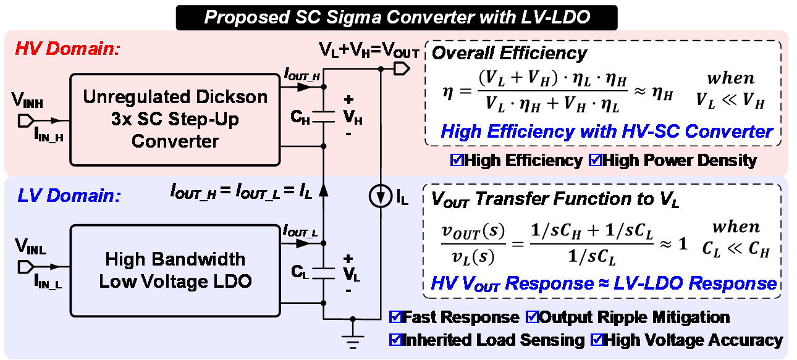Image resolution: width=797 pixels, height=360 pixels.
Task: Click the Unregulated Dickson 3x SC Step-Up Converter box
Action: pyautogui.click(x=175, y=119)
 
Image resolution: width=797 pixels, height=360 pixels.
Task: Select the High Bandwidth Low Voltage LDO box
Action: pyautogui.click(x=175, y=270)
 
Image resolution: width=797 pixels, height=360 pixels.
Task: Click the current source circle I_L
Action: pyautogui.click(x=379, y=198)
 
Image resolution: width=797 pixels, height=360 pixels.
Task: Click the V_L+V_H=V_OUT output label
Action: pyautogui.click(x=369, y=50)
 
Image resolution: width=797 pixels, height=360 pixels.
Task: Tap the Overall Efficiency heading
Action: pyautogui.click(x=509, y=54)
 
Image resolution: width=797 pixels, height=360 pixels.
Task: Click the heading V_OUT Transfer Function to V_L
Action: pyautogui.click(x=555, y=199)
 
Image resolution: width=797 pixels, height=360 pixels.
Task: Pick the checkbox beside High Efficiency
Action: pyautogui.click(x=457, y=161)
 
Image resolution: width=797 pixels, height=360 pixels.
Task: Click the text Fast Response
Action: pyautogui.click(x=460, y=318)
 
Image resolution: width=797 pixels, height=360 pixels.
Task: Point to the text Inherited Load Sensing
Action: pyautogui.click(x=492, y=340)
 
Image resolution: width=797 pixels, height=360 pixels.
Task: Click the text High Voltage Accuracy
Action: pyautogui.click(x=693, y=340)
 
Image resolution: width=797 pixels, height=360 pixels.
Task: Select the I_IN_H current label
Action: pyautogui.click(x=49, y=136)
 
